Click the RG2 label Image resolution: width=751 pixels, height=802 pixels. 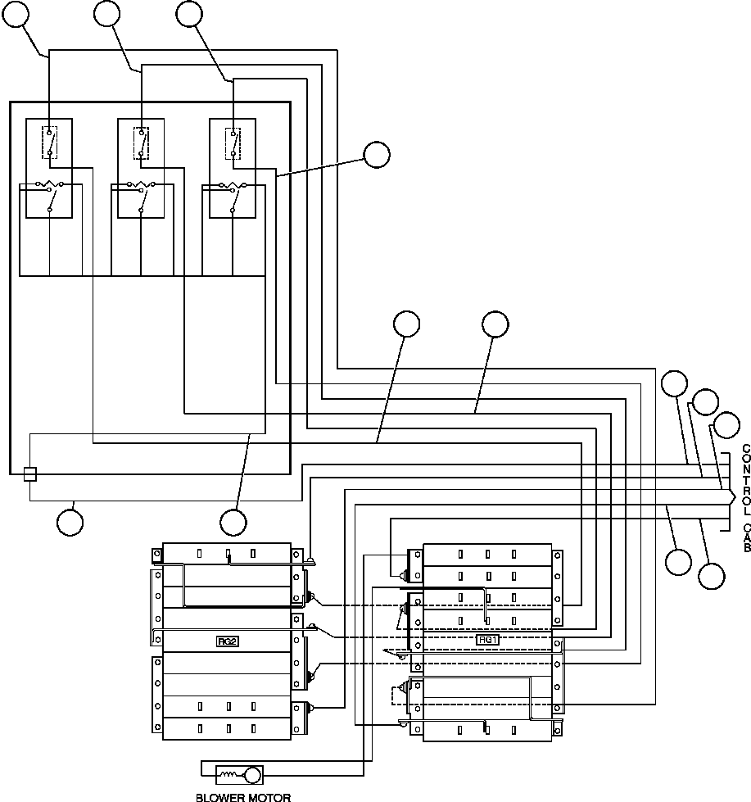228,641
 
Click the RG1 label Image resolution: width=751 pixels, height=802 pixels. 487,638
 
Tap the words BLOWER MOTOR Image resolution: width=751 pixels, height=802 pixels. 243,796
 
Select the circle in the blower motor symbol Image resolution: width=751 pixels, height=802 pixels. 253,774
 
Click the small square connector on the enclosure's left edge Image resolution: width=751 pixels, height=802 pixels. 29,473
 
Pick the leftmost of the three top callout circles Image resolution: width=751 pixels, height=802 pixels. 16,14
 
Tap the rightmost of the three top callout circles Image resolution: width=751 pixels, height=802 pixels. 189,14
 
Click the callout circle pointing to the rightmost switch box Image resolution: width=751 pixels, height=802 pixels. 376,155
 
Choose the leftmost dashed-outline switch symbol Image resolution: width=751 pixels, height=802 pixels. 50,141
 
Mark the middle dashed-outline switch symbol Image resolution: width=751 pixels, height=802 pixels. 142,141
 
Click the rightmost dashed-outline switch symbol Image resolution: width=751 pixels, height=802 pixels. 233,141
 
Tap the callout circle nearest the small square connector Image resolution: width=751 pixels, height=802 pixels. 69,522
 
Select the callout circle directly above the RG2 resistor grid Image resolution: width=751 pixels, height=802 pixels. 233,522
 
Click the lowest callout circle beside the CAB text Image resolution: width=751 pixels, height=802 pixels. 711,575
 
